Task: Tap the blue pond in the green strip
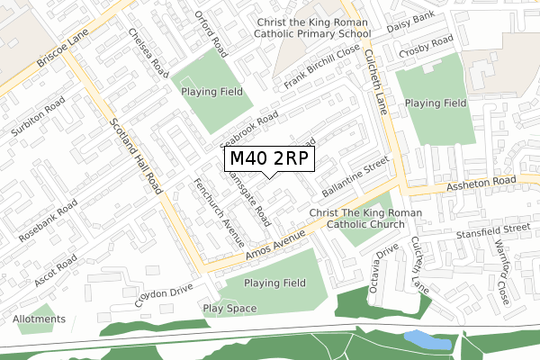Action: tap(427, 339)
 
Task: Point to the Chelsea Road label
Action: tap(148, 56)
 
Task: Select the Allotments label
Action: tap(39, 319)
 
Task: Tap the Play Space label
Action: tap(229, 309)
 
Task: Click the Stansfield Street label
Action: tap(492, 230)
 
